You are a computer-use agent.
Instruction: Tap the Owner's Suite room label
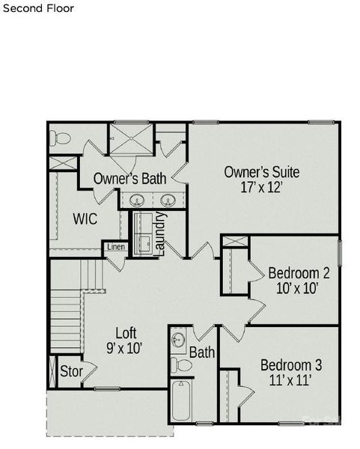262,172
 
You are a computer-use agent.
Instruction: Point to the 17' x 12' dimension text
262,188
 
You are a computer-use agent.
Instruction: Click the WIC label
85,219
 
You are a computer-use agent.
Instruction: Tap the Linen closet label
115,247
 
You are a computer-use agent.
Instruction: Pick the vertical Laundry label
159,233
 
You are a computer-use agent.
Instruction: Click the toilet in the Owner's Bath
60,138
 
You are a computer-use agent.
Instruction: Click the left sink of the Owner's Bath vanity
137,201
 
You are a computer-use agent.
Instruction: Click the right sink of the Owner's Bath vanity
168,201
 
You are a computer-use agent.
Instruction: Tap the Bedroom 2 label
299,273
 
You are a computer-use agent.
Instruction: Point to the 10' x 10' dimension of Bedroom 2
299,289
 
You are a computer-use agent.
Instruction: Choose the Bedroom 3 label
290,365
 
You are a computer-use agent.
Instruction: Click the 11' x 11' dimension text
290,381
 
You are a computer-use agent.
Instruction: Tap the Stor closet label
70,371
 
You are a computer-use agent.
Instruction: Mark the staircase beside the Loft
66,303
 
